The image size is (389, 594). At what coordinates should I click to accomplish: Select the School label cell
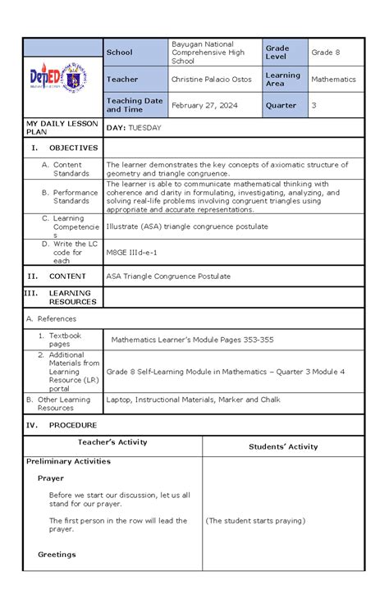click(x=119, y=53)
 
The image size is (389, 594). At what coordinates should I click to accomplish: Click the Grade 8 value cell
click(x=325, y=53)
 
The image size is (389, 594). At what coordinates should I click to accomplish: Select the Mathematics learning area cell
click(x=333, y=80)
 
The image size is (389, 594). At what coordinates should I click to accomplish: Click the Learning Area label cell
click(x=282, y=80)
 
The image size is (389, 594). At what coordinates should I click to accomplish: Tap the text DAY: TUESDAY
click(x=134, y=128)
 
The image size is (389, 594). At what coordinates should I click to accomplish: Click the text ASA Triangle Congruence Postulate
click(x=168, y=276)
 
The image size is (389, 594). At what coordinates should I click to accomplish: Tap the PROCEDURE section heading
click(x=73, y=425)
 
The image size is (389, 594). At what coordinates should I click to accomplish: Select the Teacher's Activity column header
click(x=112, y=442)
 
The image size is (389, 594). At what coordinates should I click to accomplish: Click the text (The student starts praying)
click(x=255, y=520)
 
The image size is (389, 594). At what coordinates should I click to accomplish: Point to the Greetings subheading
click(x=57, y=555)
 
